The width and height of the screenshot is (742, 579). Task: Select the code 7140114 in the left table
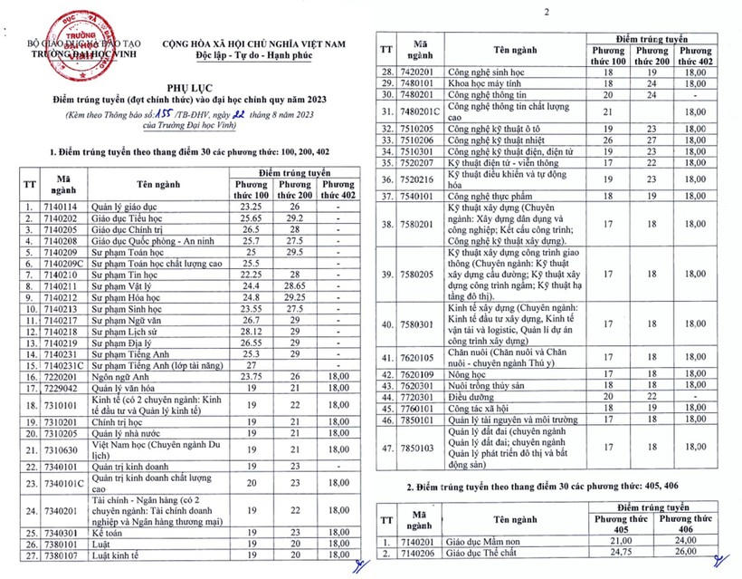[x=62, y=207]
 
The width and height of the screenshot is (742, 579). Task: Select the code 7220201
[x=62, y=376]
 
